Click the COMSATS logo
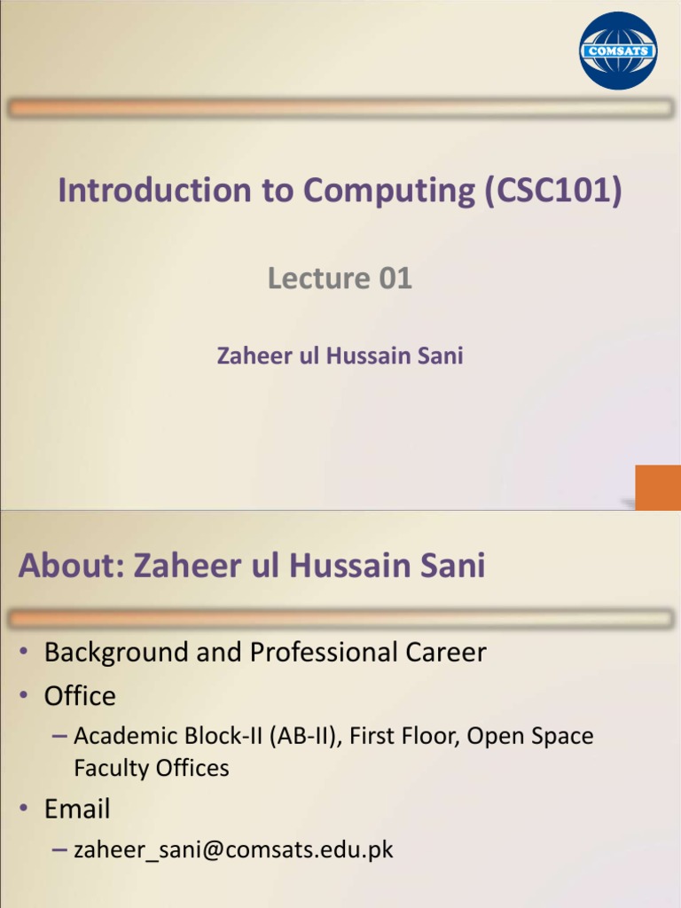(x=618, y=51)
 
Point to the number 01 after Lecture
(x=395, y=279)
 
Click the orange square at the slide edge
(x=657, y=487)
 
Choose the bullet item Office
(x=80, y=696)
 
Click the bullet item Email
(x=77, y=809)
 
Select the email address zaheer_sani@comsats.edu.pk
(x=233, y=850)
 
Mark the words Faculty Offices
(x=152, y=768)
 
